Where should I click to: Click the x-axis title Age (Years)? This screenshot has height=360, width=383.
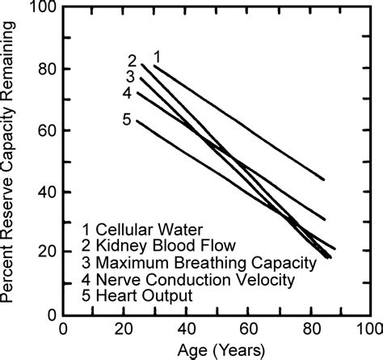tap(217, 350)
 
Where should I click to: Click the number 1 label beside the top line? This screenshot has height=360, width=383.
tap(158, 57)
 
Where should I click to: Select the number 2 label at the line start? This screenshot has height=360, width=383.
tap(132, 61)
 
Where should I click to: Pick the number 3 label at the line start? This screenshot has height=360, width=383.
tap(129, 76)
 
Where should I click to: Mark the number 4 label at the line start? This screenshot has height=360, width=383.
tap(126, 93)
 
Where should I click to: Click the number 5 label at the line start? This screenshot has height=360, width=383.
tap(126, 121)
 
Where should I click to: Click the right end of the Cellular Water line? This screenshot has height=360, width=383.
tap(324, 180)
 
